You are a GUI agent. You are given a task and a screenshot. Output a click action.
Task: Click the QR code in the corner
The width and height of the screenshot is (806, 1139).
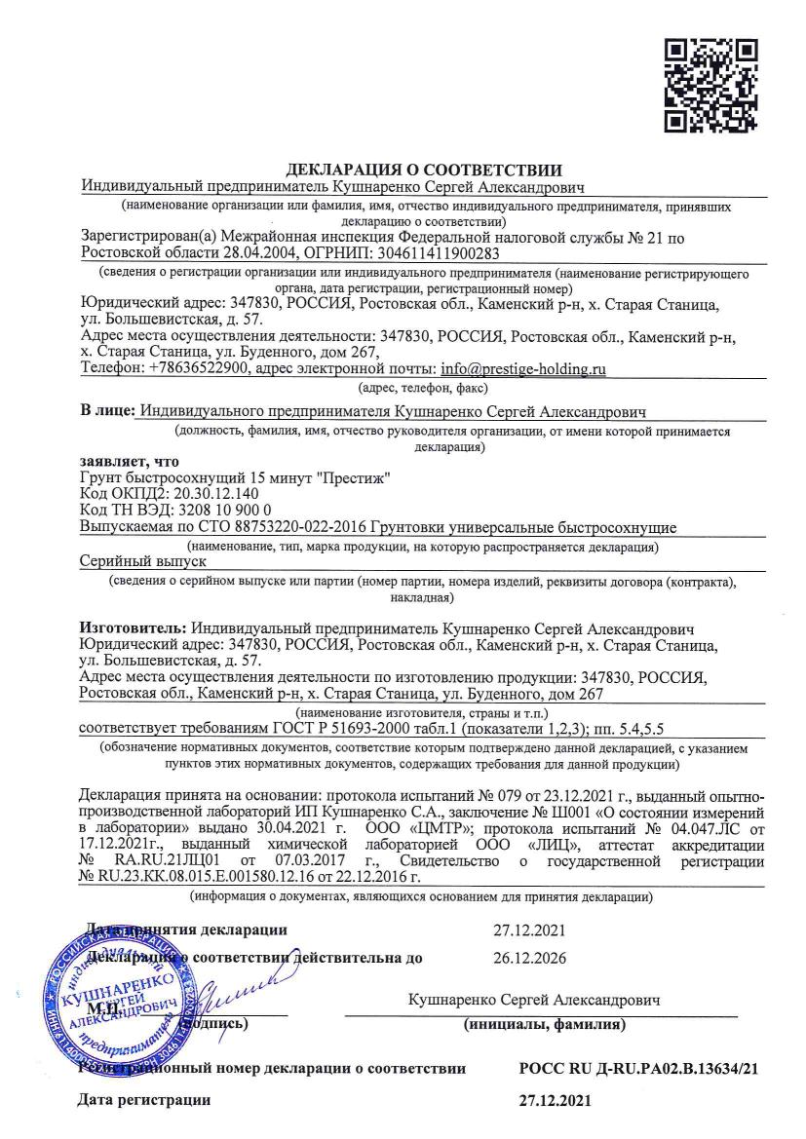pyautogui.click(x=710, y=86)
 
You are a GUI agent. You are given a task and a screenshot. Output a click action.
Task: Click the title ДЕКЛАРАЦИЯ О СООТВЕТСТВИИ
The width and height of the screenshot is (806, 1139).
pyautogui.click(x=423, y=171)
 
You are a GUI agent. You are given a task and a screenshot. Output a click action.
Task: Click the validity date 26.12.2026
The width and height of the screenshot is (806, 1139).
pyautogui.click(x=529, y=957)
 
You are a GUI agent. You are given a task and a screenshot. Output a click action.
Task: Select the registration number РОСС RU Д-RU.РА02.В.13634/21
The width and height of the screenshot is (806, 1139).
pyautogui.click(x=639, y=1069)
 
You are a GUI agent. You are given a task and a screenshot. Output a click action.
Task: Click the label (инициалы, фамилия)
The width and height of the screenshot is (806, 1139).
pyautogui.click(x=545, y=1024)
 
